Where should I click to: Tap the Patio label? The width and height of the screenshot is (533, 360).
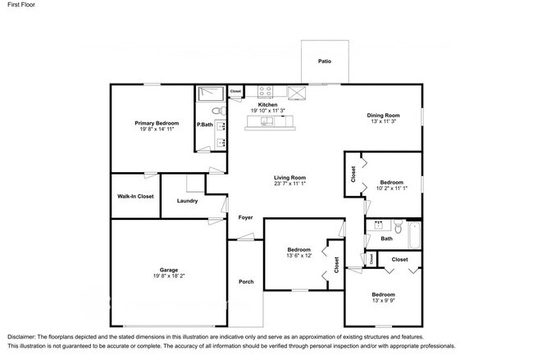pos(324,60)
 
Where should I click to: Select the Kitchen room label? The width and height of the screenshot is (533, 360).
pos(267,105)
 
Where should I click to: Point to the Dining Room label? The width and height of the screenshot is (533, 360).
pos(383,116)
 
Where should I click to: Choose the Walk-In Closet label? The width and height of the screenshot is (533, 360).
pos(135,196)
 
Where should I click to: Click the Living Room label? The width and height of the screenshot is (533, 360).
pos(289,177)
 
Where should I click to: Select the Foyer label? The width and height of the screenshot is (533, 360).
pos(245,217)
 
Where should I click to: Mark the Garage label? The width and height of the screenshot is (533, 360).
pos(169,270)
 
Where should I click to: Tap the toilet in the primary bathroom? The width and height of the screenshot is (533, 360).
pos(216,111)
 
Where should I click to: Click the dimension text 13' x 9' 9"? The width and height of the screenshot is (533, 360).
pos(383,301)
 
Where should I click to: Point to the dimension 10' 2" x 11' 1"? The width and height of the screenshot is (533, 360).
pos(391,189)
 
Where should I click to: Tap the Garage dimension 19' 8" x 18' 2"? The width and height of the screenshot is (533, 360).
pos(169,276)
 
